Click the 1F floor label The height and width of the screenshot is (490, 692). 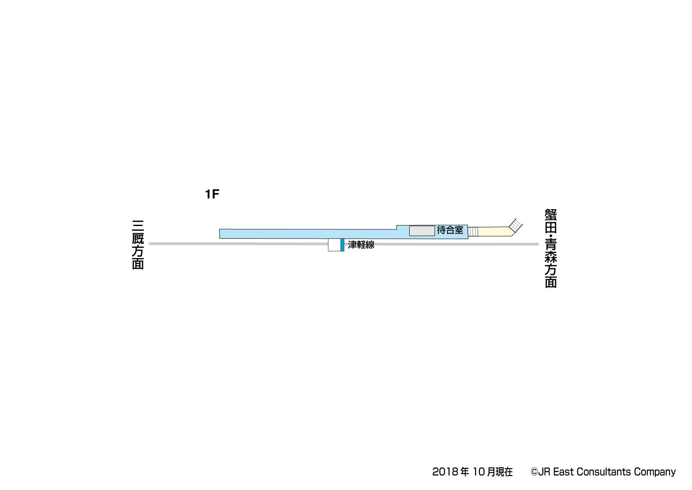coord(212,194)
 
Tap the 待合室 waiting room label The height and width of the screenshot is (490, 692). coord(450,230)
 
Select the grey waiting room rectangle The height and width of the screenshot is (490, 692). coord(422,231)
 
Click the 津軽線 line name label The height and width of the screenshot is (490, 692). coord(361,245)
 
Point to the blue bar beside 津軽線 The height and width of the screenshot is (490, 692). coord(342,245)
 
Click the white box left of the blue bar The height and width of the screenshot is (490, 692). coord(334,245)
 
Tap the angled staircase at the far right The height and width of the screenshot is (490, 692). coord(515,225)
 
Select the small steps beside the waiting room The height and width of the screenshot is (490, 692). coord(473,232)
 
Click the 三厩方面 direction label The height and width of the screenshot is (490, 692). coord(138,245)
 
